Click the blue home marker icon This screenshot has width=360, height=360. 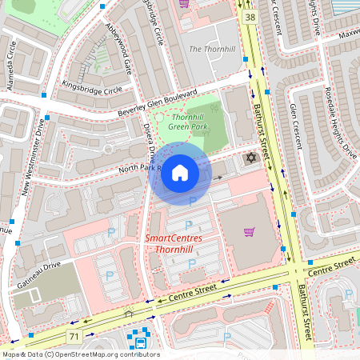point(180,173)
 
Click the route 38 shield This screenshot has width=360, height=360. point(250,17)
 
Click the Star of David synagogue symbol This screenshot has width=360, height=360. point(250,158)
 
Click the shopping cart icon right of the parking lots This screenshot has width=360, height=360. point(250,232)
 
